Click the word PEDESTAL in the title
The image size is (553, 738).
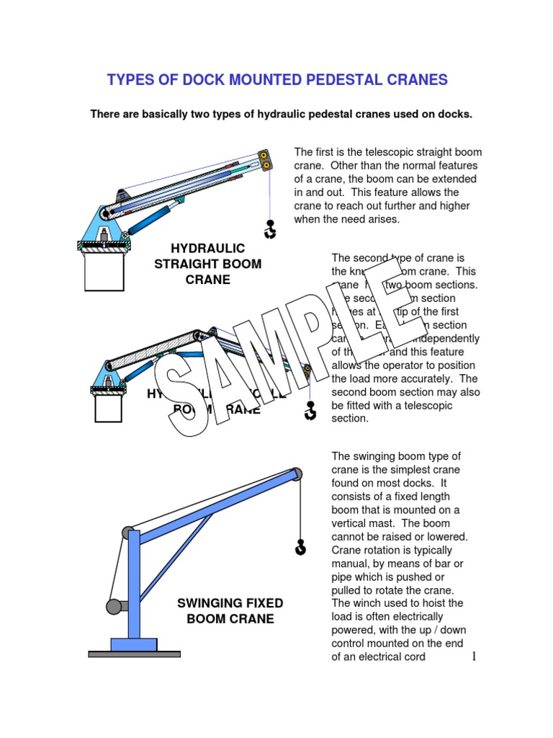pyautogui.click(x=318, y=79)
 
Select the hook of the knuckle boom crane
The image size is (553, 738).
pyautogui.click(x=310, y=411)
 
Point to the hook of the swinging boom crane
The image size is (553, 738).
pyautogui.click(x=300, y=548)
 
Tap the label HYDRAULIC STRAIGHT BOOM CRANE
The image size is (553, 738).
pyautogui.click(x=208, y=264)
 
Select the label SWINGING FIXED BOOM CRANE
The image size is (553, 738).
pyautogui.click(x=230, y=610)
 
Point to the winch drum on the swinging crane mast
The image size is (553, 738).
pyautogui.click(x=113, y=606)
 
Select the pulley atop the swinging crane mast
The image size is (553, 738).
pyautogui.click(x=130, y=533)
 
